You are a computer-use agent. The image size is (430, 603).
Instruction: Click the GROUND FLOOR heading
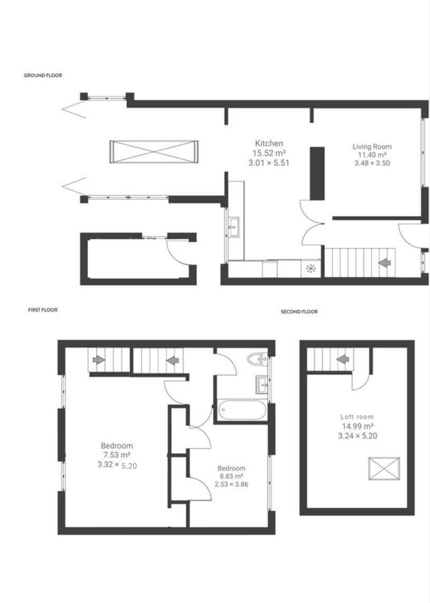(x=43, y=75)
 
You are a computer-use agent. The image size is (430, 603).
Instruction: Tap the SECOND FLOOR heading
(x=299, y=312)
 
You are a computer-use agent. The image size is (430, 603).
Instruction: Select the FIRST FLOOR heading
(x=43, y=310)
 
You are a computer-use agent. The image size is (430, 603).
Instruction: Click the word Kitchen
(x=269, y=143)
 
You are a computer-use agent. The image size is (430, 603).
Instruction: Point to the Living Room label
(x=372, y=146)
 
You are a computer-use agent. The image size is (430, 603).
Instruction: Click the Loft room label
(x=357, y=416)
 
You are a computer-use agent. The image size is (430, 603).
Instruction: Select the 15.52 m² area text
(x=269, y=153)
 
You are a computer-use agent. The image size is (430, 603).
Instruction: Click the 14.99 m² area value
(x=358, y=426)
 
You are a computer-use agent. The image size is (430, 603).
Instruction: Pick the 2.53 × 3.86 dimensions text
(x=231, y=484)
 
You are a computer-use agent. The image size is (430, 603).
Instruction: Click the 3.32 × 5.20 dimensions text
(x=117, y=465)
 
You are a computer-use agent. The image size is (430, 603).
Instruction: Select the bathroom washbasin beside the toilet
(x=262, y=384)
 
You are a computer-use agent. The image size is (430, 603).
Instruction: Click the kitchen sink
(x=234, y=227)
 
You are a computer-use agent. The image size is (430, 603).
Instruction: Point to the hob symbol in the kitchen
(x=311, y=268)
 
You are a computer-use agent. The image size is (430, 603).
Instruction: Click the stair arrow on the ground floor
(x=385, y=263)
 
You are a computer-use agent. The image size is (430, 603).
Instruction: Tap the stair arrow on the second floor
(x=343, y=359)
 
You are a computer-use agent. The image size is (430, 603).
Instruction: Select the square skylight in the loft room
(x=384, y=469)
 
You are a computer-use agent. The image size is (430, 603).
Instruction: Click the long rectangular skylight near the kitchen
(x=154, y=151)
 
